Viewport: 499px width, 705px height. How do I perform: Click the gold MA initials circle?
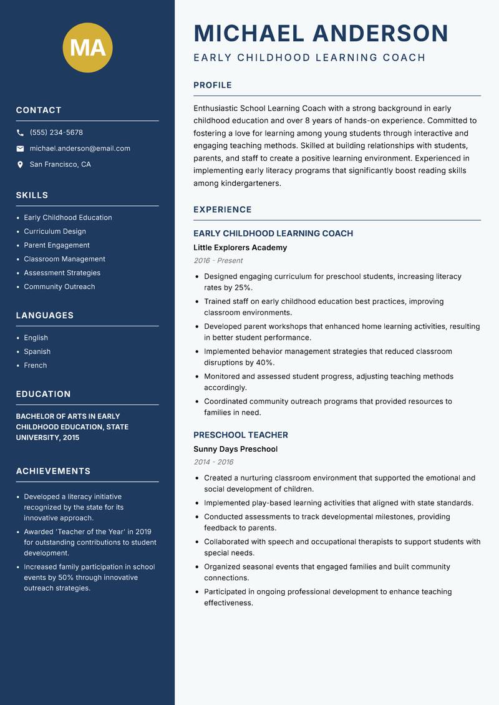point(88,47)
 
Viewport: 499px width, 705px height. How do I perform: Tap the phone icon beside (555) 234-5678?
point(20,133)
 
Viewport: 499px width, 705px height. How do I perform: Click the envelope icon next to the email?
point(20,148)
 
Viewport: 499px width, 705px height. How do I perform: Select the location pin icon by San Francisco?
point(20,165)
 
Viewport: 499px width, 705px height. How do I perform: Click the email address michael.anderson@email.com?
point(80,148)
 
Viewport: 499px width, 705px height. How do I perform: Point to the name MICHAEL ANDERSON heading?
point(321,33)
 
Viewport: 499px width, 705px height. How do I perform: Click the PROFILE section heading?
point(213,85)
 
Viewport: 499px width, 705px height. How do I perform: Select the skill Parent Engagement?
point(57,245)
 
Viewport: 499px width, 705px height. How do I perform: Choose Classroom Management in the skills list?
point(64,259)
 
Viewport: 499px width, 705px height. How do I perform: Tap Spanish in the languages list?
point(37,352)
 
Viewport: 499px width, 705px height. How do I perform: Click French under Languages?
point(36,366)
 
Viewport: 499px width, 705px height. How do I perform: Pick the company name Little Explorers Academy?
point(240,248)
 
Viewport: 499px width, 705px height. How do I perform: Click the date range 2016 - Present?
point(218,261)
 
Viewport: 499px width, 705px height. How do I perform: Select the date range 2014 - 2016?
point(213,462)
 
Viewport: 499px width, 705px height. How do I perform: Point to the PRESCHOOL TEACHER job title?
point(241,435)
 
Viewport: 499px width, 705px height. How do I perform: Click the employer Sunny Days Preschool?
point(235,449)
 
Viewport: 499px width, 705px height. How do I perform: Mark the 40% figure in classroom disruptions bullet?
point(265,362)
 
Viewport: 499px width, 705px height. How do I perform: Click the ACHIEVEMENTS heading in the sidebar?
point(53,471)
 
